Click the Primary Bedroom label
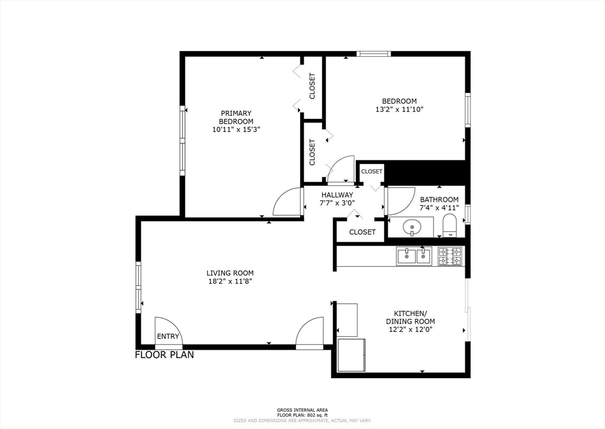coord(236,117)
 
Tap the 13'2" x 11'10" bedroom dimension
coord(399,109)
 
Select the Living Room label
coord(230,273)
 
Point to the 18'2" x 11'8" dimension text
coord(230,281)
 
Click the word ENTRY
coord(168,336)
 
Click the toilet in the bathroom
coord(449,226)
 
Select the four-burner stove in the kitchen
coord(450,256)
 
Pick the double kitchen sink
coord(414,256)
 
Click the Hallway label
coord(337,195)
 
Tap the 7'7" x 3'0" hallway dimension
coord(337,203)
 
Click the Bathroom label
coord(439,199)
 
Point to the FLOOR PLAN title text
coord(164,355)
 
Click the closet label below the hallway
coord(362,232)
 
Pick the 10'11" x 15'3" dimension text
coord(236,130)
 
